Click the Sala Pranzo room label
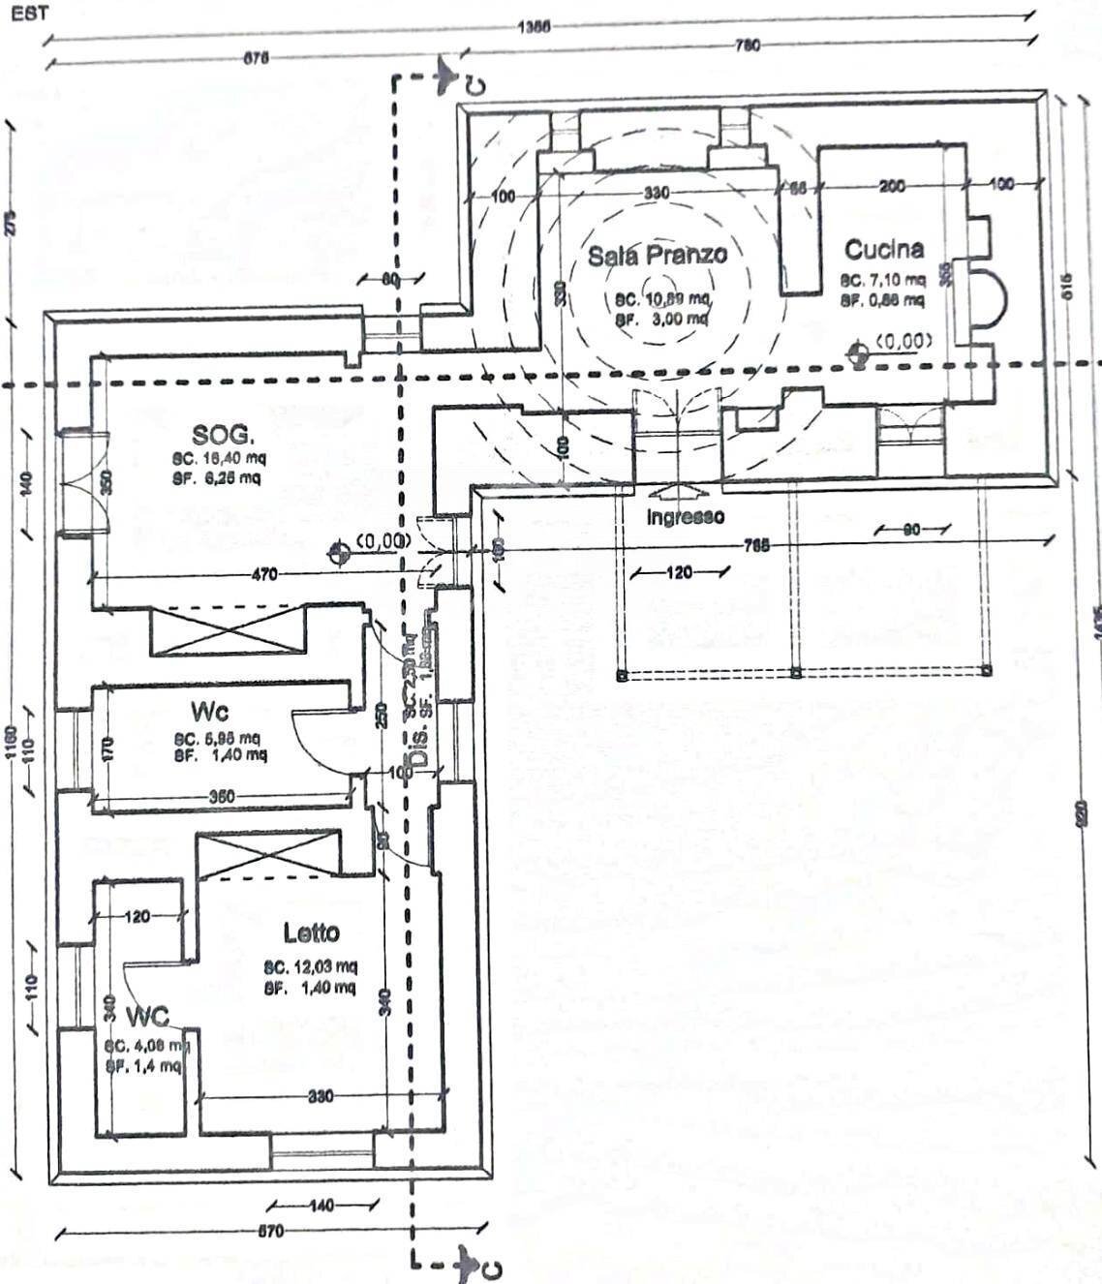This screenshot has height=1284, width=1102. coord(657,256)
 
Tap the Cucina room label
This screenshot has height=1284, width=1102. coord(883,250)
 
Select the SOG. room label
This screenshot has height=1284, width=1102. coord(224,434)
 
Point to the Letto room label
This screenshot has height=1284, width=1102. coord(311,932)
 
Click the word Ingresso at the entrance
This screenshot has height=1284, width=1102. coord(685,517)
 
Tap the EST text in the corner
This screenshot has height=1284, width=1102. coord(29,15)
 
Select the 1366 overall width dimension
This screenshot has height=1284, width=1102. coord(533,27)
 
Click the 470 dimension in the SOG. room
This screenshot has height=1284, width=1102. coord(263,574)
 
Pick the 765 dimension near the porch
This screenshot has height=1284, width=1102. coord(756,545)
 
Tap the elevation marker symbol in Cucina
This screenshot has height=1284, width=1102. coord(857,355)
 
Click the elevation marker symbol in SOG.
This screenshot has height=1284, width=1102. coord(338,553)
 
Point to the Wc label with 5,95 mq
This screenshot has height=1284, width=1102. coord(209,712)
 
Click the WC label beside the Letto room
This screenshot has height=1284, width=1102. coord(147,1017)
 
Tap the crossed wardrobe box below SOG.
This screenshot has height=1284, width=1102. coord(229,630)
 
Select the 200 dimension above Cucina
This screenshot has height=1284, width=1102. coord(891,185)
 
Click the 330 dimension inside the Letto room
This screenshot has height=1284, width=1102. coord(321,1096)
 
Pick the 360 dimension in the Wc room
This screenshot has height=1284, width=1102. coord(222,797)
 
